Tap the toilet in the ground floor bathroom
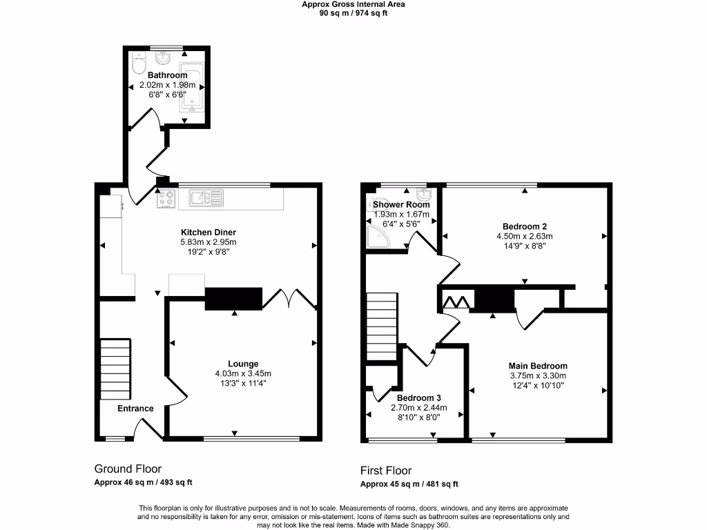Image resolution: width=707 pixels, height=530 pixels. click(x=138, y=66)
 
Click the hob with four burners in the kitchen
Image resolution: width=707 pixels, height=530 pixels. click(x=166, y=199)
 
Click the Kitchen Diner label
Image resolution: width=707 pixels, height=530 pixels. click(x=208, y=233)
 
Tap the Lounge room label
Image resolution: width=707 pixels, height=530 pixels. click(x=243, y=364)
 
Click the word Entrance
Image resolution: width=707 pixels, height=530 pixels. click(x=135, y=409)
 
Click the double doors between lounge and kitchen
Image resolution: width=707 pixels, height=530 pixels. click(x=292, y=298)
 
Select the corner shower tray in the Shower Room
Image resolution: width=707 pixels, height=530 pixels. click(x=376, y=237)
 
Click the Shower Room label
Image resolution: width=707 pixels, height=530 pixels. click(x=401, y=205)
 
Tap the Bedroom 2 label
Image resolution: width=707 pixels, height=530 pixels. click(x=525, y=226)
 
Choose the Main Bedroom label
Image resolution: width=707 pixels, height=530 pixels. click(x=538, y=366)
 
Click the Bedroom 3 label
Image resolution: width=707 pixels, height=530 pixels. click(x=418, y=398)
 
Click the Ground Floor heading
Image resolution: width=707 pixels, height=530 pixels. click(x=128, y=469)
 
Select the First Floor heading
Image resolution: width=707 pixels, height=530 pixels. click(x=386, y=471)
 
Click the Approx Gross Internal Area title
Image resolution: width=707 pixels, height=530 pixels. click(x=353, y=4)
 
